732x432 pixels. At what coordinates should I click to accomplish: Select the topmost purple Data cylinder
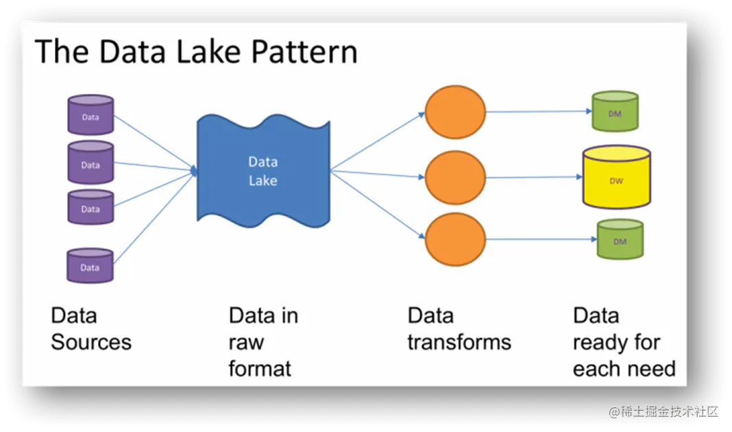point(90,115)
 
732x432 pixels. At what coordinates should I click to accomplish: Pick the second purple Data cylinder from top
point(90,163)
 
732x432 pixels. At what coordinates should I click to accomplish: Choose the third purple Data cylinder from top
point(90,207)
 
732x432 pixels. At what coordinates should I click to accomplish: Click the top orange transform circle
point(455,112)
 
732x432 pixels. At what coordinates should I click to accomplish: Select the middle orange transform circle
point(455,178)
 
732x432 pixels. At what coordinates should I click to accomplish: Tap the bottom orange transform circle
point(455,240)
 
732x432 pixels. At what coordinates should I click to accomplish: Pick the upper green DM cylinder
point(615,112)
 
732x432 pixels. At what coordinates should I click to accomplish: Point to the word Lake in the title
point(220,52)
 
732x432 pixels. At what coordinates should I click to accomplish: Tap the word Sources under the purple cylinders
point(90,341)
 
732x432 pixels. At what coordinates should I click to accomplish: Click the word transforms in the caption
point(459,341)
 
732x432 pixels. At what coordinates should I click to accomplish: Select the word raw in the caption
point(246,341)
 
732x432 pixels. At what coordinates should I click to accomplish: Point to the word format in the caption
point(260,368)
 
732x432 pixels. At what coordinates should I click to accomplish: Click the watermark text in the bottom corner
point(661,411)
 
